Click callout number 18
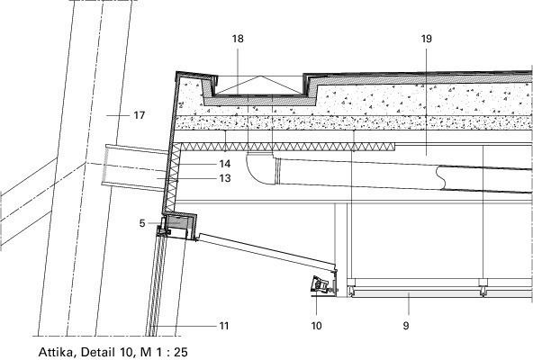(x=238, y=39)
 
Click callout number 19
(x=426, y=39)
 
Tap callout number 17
(x=140, y=115)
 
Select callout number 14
(x=225, y=164)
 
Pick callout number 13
(x=225, y=178)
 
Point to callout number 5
(x=142, y=223)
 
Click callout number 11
(x=223, y=326)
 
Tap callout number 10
(x=316, y=326)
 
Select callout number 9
(x=406, y=326)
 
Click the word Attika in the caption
(x=56, y=352)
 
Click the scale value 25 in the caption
(x=181, y=352)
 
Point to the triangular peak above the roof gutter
(x=260, y=76)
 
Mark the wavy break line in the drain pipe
(x=441, y=177)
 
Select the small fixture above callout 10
(x=322, y=283)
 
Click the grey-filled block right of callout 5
(x=179, y=222)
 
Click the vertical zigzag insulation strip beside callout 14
(x=173, y=176)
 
